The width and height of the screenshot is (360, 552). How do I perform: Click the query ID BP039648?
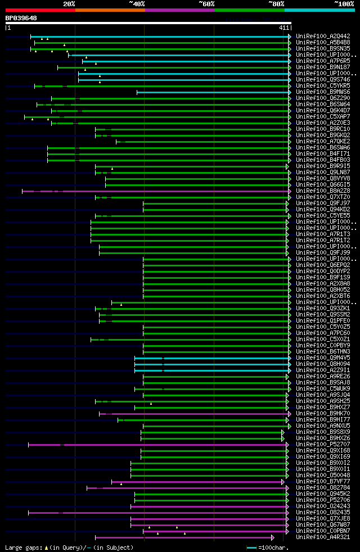click(21, 18)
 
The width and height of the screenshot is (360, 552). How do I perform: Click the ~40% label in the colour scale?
click(137, 4)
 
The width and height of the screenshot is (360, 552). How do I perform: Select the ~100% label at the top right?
click(344, 4)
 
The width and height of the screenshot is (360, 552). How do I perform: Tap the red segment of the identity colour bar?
click(40, 10)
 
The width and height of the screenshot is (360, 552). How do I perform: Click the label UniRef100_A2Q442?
click(323, 36)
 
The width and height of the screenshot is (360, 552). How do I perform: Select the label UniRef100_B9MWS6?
click(323, 92)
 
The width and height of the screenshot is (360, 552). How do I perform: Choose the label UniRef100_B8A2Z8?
click(323, 191)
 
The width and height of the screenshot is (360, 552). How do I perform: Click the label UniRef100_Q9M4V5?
click(323, 358)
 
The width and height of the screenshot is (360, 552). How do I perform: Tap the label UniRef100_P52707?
click(323, 444)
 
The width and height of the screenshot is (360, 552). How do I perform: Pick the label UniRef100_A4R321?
click(323, 537)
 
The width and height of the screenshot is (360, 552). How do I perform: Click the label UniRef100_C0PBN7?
click(323, 531)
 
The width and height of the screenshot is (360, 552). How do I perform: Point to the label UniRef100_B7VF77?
click(323, 481)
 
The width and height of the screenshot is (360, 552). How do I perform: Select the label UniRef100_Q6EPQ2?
click(323, 265)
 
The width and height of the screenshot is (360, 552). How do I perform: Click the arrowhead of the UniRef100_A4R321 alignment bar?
click(273, 537)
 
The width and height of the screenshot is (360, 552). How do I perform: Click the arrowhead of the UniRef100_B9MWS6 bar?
click(290, 92)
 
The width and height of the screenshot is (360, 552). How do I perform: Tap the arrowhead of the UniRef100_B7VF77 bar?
click(283, 482)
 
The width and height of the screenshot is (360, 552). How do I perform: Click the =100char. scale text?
click(274, 548)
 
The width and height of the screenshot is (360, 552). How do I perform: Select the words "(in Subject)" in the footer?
click(113, 548)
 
